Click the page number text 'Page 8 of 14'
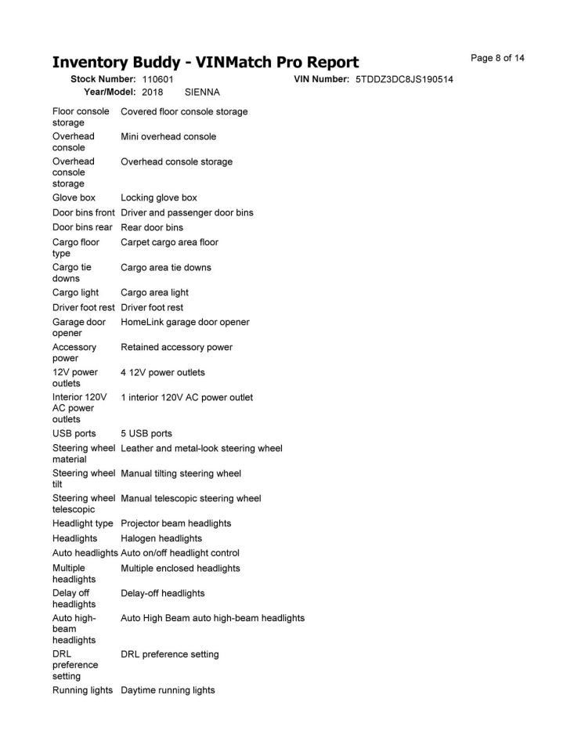point(497,58)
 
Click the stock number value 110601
point(157,80)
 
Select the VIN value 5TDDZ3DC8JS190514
point(404,80)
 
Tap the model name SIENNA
point(202,92)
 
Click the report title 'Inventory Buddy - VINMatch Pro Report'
point(205,62)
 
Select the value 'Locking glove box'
point(158,198)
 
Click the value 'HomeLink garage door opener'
point(185,322)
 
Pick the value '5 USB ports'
point(146,433)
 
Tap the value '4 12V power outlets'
point(162,372)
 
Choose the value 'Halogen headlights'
point(161,538)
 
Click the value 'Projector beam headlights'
point(175,523)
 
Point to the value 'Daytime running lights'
point(168,690)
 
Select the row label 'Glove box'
point(74,198)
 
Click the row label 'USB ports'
point(74,433)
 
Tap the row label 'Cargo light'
point(75,292)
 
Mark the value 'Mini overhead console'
point(168,136)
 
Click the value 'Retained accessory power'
point(176,347)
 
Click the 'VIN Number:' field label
point(321,80)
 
